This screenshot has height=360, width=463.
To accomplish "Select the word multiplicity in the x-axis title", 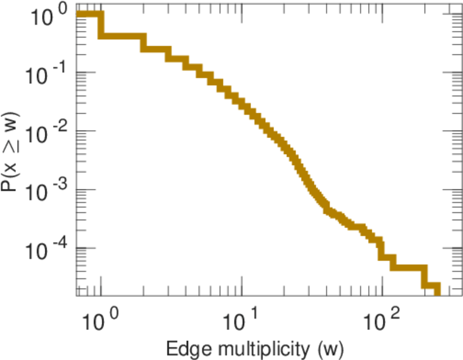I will [x=252, y=348].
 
